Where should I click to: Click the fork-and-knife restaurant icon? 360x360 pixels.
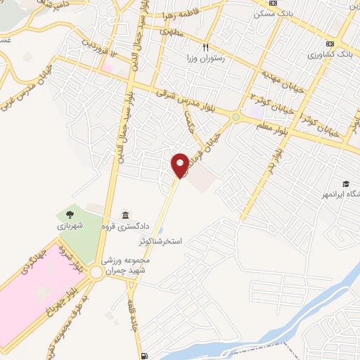(x=206, y=48)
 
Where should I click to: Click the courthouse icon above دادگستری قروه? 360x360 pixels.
(x=125, y=214)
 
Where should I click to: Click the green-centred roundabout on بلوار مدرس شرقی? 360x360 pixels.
(x=236, y=117)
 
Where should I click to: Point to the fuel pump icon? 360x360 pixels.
(x=144, y=355)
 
